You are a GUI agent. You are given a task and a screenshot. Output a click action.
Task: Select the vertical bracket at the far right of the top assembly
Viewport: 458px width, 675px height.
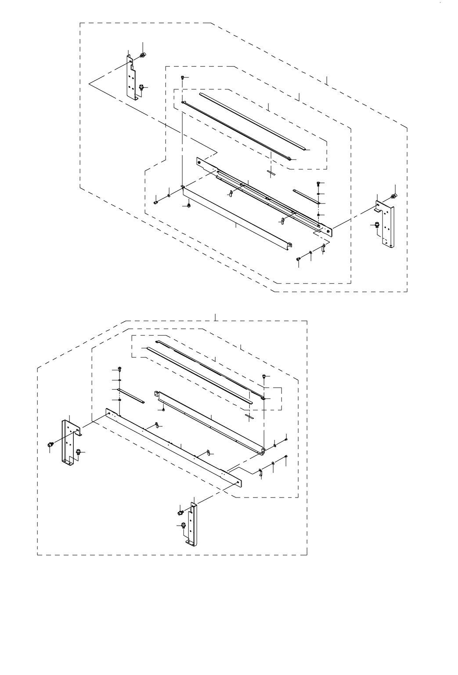[x=387, y=226]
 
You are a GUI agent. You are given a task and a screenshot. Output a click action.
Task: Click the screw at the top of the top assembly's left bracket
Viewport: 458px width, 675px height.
[x=142, y=55]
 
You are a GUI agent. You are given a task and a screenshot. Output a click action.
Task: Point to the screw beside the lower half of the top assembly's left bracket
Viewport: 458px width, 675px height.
[x=141, y=87]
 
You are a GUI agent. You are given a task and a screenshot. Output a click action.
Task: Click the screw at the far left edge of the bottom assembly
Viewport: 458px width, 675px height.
[x=50, y=445]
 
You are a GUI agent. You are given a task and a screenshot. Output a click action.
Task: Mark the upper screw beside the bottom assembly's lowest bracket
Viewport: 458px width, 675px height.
[x=180, y=512]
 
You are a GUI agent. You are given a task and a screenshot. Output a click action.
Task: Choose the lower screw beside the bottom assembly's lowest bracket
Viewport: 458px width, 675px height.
[x=183, y=525]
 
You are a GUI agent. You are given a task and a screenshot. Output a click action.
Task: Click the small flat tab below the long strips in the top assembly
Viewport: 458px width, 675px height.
[x=271, y=173]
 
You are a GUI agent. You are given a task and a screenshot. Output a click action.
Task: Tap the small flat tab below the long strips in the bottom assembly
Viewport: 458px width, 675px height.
[x=249, y=415]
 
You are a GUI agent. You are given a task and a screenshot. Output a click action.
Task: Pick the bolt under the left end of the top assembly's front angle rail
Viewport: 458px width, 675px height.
[x=188, y=205]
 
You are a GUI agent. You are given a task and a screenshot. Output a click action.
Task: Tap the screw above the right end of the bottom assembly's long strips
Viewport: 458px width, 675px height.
[x=263, y=376]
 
